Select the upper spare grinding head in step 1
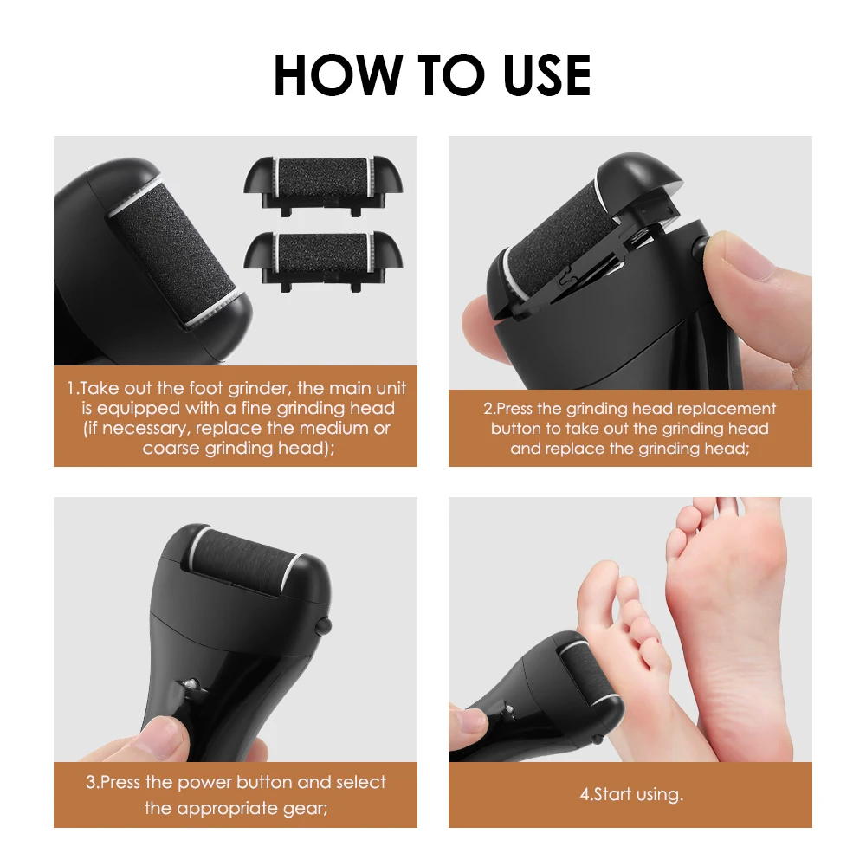(323, 185)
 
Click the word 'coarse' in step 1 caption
(171, 448)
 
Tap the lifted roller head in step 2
(585, 232)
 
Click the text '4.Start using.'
(631, 795)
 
